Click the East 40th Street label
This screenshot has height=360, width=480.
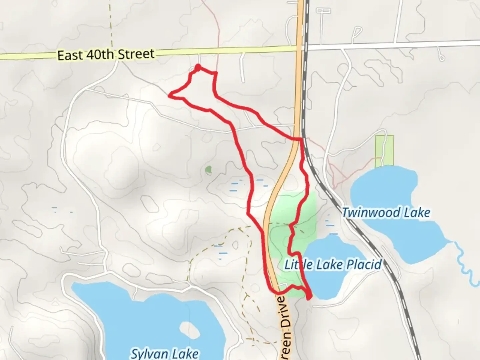[x=106, y=54]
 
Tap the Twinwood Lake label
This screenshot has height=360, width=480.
[x=386, y=212]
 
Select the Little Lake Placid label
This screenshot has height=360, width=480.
[x=333, y=265]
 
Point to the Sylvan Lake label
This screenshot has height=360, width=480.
[x=164, y=353]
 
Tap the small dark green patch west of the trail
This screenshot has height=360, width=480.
[x=208, y=170]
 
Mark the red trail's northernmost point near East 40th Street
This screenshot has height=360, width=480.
[x=198, y=67]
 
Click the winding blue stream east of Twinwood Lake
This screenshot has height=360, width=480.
[x=465, y=263]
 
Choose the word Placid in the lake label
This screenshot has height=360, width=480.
[x=364, y=265]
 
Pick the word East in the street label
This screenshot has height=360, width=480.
[x=70, y=55]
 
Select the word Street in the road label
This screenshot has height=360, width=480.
[x=136, y=54]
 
